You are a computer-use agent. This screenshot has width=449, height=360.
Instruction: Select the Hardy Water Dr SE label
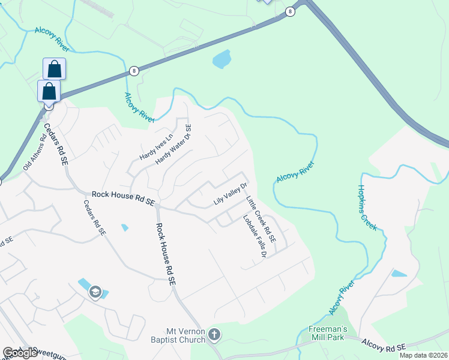click(x=173, y=145)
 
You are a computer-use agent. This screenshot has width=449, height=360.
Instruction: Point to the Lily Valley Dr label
click(x=231, y=194)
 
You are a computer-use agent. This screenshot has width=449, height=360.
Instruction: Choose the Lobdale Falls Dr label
click(x=253, y=236)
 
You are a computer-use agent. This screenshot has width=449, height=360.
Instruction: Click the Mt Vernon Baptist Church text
click(x=186, y=335)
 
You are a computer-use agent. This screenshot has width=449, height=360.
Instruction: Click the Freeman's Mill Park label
click(x=324, y=333)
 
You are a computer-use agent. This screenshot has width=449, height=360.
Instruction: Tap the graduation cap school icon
click(x=95, y=292)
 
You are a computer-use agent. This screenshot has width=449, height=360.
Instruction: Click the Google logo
click(x=20, y=353)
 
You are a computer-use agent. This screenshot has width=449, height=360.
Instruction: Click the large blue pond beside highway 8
click(x=221, y=59)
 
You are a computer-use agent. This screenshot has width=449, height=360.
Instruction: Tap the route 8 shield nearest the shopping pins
click(x=133, y=71)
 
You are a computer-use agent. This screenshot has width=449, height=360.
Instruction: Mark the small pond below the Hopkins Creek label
click(x=398, y=274)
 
